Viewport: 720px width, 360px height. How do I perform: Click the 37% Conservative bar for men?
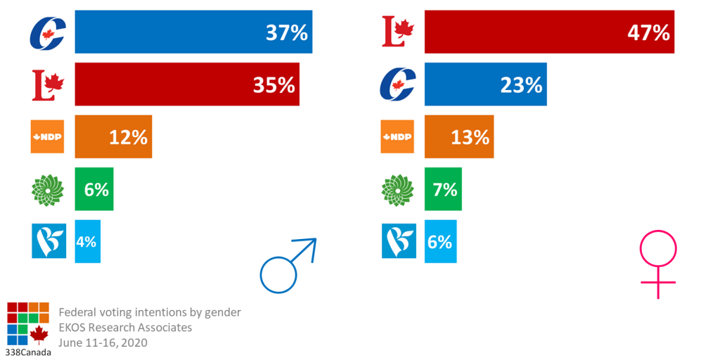pyautogui.click(x=193, y=32)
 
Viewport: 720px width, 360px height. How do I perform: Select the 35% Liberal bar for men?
pyautogui.click(x=187, y=84)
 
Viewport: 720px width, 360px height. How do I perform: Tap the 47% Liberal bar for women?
pyautogui.click(x=549, y=32)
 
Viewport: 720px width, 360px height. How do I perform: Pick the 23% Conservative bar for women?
pyautogui.click(x=485, y=84)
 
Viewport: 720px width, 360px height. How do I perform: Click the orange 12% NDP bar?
pyautogui.click(x=113, y=136)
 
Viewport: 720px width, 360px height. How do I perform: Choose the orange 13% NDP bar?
pyautogui.click(x=458, y=136)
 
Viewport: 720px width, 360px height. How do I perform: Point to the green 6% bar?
pyautogui.click(x=94, y=189)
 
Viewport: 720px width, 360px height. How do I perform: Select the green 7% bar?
pyautogui.click(x=443, y=189)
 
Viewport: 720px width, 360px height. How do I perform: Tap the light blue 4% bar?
pyautogui.click(x=87, y=241)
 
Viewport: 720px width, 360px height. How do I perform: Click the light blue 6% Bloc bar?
pyautogui.click(x=440, y=241)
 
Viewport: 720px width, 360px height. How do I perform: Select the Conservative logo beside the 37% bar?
pyautogui.click(x=48, y=32)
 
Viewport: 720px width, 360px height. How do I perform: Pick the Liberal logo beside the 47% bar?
pyautogui.click(x=398, y=32)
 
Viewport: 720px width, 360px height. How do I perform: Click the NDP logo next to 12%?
pyautogui.click(x=48, y=136)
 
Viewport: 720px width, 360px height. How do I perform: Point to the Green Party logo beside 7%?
pyautogui.click(x=398, y=189)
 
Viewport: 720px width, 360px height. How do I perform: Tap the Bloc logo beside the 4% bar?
pyautogui.click(x=48, y=241)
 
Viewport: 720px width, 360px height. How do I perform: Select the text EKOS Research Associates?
pyautogui.click(x=125, y=327)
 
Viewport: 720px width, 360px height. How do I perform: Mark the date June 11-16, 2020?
pyautogui.click(x=103, y=342)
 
